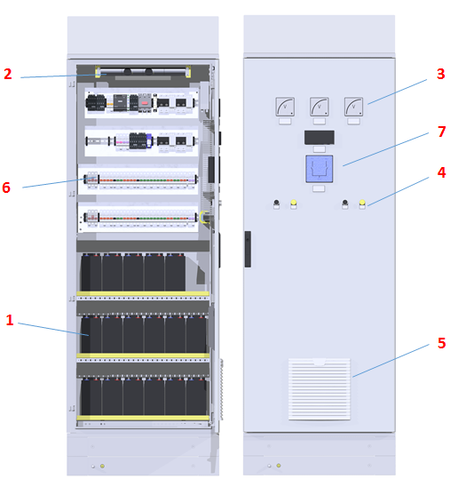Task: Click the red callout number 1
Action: pos(10,320)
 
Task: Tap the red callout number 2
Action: pos(8,74)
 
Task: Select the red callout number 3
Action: pos(440,74)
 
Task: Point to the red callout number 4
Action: pos(441,172)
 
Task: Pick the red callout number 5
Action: pos(441,343)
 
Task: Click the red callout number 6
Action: pos(6,188)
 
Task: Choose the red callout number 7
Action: pos(441,132)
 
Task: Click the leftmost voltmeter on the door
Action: pos(285,107)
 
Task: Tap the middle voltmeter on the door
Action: pos(320,107)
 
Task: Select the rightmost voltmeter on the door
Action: pos(353,107)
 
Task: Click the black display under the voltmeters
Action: pos(320,138)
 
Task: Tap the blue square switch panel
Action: pos(320,169)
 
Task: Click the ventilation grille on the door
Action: pos(320,389)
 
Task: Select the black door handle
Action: pos(248,249)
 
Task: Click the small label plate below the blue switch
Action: pos(319,188)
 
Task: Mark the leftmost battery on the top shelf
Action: pos(91,273)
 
